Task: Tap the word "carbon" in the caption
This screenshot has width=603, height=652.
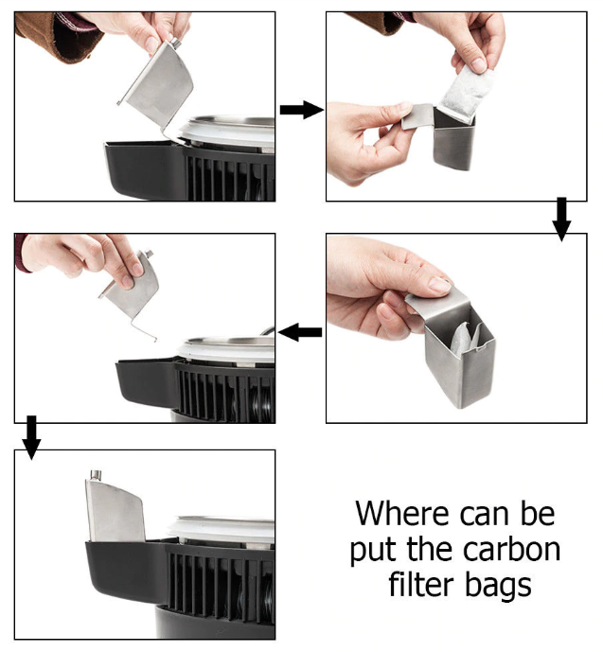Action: (511, 549)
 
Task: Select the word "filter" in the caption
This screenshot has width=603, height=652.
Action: (421, 584)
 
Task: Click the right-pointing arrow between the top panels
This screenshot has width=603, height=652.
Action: (301, 110)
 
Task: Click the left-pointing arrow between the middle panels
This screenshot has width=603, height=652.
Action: (300, 332)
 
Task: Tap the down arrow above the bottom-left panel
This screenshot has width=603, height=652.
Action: (31, 436)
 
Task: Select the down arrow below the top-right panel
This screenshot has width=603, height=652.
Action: (561, 219)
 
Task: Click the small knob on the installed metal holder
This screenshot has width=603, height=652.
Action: (96, 475)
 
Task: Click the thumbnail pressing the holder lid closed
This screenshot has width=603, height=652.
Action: (439, 285)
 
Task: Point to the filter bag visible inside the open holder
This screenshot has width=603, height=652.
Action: (467, 337)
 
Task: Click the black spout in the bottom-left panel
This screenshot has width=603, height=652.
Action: (125, 570)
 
